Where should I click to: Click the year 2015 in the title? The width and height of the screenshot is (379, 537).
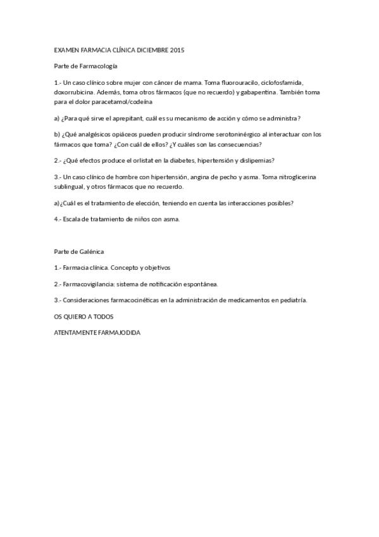point(177,49)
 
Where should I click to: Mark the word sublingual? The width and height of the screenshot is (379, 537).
point(71,187)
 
